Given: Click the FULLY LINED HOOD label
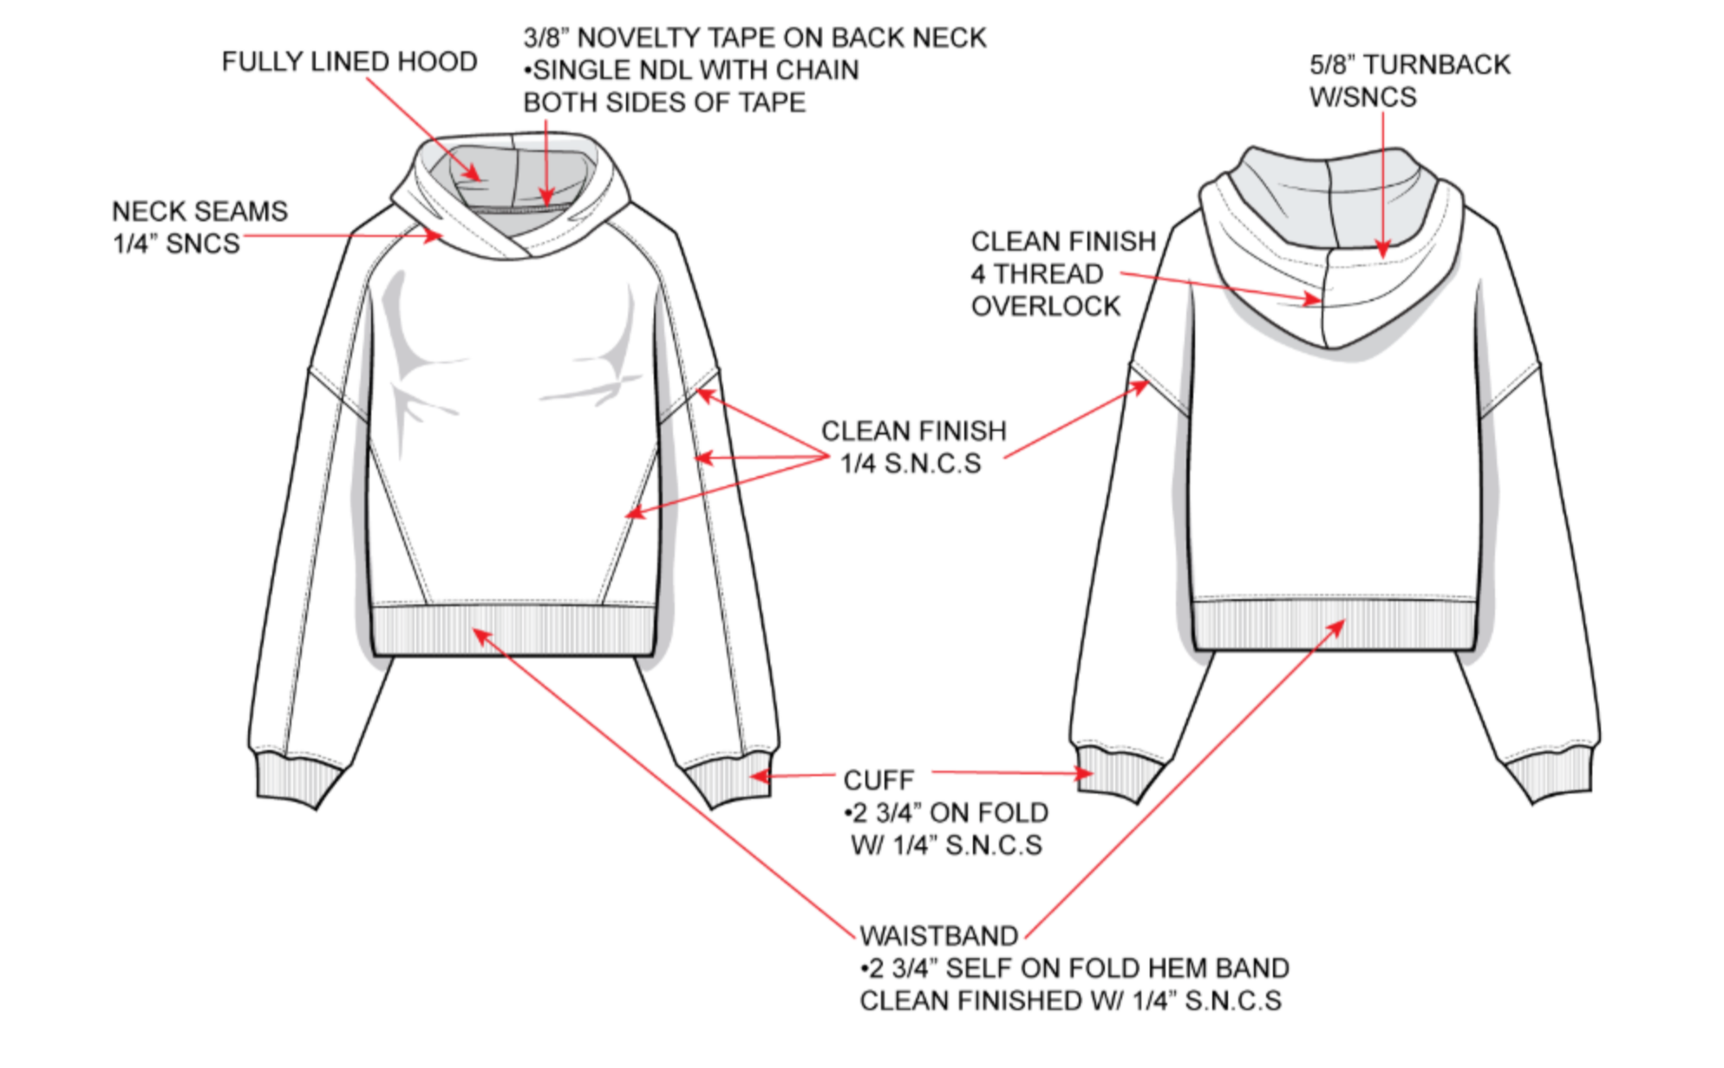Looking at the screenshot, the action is click(x=349, y=62).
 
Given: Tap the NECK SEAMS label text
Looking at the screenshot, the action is click(x=199, y=212).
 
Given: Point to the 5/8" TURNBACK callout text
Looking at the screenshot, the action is click(x=1409, y=65).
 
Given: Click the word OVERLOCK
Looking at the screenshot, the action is click(x=1045, y=306).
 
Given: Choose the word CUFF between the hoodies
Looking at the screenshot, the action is click(x=878, y=780).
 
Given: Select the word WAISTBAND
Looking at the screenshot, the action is click(x=938, y=936).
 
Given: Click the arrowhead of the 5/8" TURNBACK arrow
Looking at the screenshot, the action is click(x=1382, y=250).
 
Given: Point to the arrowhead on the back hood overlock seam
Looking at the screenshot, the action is click(x=1313, y=300).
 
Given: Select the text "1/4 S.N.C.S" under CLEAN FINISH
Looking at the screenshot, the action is click(x=911, y=464).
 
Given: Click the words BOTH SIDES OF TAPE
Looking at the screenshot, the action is click(x=664, y=103).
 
